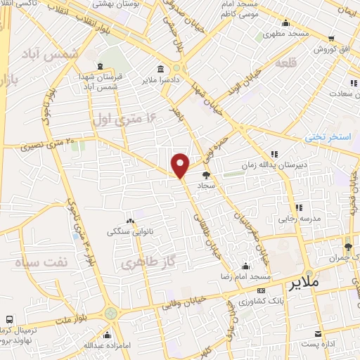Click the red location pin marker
coord(181,165)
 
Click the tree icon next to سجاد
coord(206,175)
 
